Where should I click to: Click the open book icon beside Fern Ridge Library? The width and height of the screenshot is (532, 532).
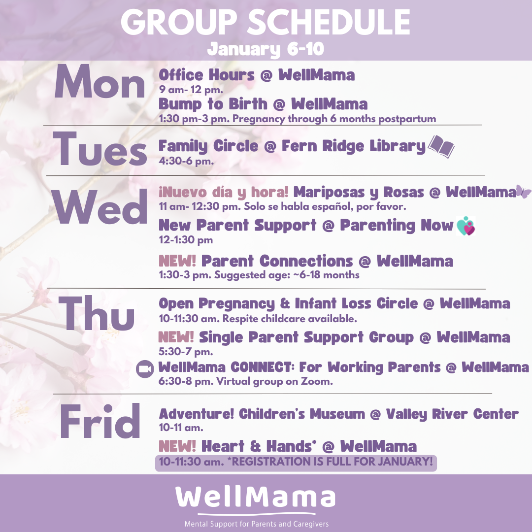tap(441, 146)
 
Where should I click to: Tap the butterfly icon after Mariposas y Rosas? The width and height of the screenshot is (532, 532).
tap(523, 192)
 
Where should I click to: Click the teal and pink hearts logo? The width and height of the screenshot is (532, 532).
tap(466, 226)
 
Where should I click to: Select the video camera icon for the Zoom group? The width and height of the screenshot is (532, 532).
tap(145, 369)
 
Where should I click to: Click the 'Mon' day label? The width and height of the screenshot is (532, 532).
tap(100, 82)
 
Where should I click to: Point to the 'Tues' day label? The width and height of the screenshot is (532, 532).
tap(100, 149)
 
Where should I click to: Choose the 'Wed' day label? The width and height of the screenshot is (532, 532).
tap(100, 206)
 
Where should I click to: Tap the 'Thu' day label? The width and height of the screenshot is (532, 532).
tap(97, 313)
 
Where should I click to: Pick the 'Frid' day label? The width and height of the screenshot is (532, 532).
tap(100, 421)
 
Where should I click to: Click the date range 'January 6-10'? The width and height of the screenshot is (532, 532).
tap(266, 49)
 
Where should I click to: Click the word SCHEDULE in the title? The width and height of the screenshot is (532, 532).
tap(328, 22)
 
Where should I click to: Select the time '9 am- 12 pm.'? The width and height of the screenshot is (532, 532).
tap(191, 90)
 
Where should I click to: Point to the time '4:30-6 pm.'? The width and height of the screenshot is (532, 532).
tap(186, 161)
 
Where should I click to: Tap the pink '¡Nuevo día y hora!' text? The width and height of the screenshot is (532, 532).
tap(224, 193)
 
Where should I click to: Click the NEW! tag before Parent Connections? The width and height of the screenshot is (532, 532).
tap(177, 261)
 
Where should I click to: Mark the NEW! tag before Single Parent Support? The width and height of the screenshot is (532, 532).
tap(176, 337)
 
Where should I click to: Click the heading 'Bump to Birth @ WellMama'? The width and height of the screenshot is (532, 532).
tap(263, 104)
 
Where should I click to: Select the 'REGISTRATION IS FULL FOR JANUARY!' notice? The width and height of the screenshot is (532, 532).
tap(332, 462)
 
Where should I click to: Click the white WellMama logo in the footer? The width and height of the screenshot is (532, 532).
tap(256, 498)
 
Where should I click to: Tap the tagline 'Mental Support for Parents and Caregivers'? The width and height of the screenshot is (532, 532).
tap(257, 524)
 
